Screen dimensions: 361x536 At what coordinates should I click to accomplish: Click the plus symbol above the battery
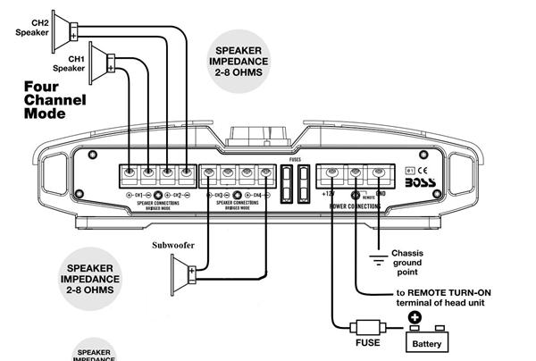pos(415,316)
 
